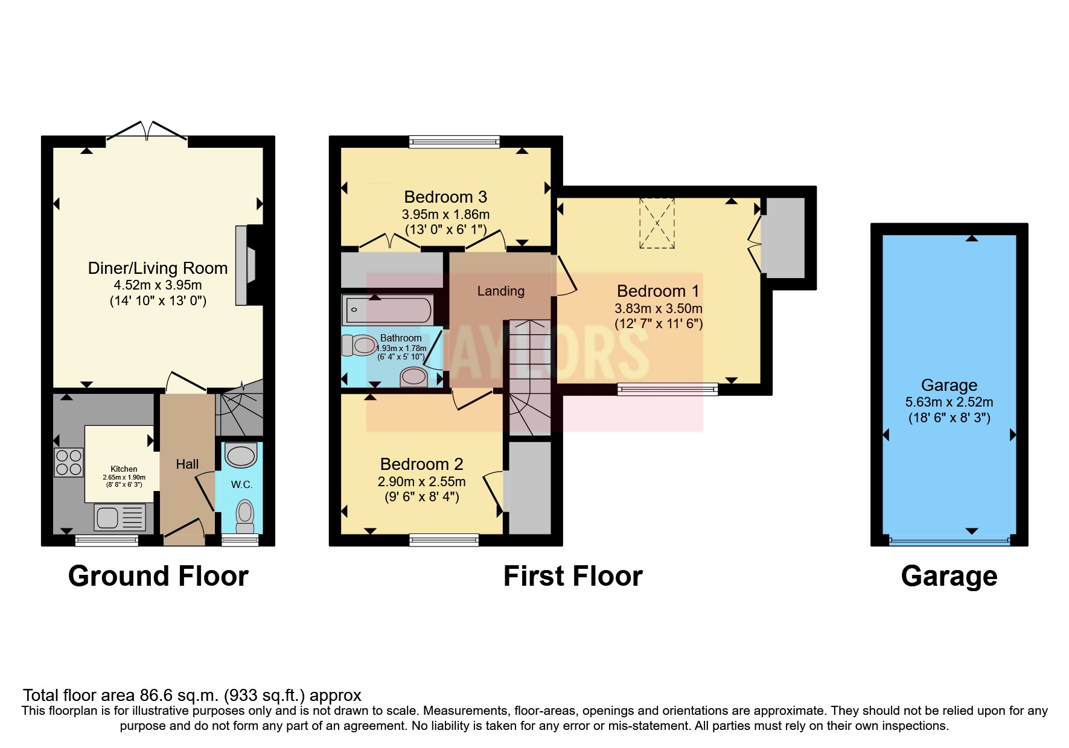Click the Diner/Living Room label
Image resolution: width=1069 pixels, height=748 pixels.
click(x=158, y=268)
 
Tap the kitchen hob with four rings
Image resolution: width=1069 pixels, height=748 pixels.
click(x=68, y=462)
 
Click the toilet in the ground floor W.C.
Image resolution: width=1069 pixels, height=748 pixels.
click(x=245, y=516)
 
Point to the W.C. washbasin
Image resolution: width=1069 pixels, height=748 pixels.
click(x=241, y=455)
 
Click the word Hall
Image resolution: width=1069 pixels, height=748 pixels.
click(x=187, y=464)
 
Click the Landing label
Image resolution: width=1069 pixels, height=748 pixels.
click(x=501, y=291)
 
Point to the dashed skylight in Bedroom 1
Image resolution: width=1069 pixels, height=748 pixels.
click(x=657, y=223)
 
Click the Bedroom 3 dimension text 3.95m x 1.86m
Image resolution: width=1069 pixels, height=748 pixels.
click(x=445, y=214)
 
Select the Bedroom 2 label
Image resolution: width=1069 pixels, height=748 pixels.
click(x=422, y=464)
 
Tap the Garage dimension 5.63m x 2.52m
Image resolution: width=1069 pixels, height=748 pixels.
click(x=949, y=402)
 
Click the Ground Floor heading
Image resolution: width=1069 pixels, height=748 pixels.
click(x=158, y=576)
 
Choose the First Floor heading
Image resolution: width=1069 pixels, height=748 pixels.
click(x=573, y=576)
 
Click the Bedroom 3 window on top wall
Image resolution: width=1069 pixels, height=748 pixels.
click(x=455, y=142)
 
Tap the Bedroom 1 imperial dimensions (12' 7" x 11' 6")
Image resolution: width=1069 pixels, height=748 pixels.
click(x=659, y=323)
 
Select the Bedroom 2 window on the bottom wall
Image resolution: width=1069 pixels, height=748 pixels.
click(x=444, y=540)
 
